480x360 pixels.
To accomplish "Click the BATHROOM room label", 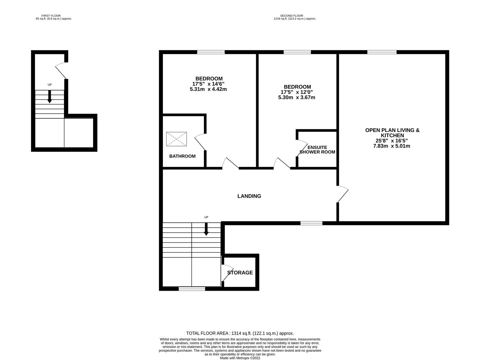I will [x=182, y=156].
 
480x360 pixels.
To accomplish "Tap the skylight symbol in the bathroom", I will [x=176, y=139].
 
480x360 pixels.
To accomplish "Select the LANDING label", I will [x=249, y=196].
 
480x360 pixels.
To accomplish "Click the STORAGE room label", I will [x=240, y=273].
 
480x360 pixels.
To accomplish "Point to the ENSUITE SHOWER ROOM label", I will [x=317, y=150].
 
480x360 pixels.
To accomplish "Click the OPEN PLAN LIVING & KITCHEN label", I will [x=392, y=133].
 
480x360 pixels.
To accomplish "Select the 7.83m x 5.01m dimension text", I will [x=391, y=146].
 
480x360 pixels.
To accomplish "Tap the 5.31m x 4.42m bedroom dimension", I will [x=208, y=89].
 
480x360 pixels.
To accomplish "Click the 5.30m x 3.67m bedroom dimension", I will [x=296, y=98].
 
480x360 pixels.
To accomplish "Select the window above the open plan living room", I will [x=382, y=52].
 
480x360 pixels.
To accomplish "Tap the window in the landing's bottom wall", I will [x=311, y=223].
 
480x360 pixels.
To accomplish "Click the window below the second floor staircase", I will [x=192, y=289].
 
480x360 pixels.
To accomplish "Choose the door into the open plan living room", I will [x=342, y=195].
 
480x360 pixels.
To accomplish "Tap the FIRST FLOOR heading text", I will [x=51, y=16].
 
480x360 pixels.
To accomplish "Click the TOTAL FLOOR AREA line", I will [x=240, y=333].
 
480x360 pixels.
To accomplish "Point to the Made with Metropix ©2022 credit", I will [x=240, y=358].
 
